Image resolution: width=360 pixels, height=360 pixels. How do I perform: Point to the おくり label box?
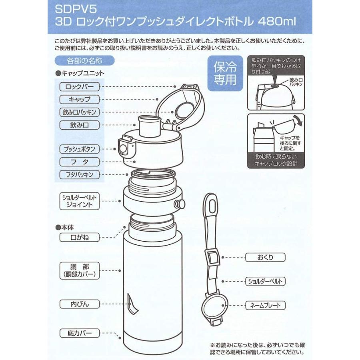click(x=265, y=257)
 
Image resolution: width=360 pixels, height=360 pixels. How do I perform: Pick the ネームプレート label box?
click(x=265, y=306)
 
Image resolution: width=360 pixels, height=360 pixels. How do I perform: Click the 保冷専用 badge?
click(x=224, y=73)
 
